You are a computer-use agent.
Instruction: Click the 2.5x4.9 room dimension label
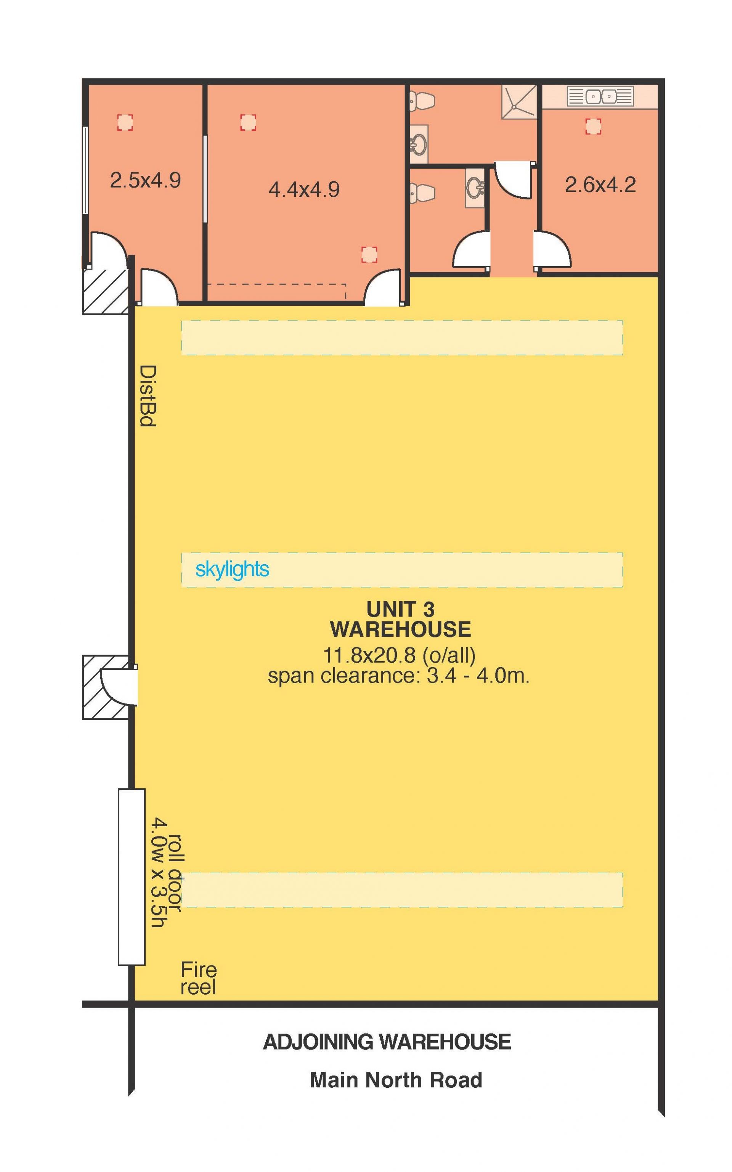(x=145, y=180)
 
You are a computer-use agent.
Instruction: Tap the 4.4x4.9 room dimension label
(x=304, y=189)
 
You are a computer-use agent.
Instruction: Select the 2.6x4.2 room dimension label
(x=600, y=185)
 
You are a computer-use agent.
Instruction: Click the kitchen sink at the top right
(x=600, y=96)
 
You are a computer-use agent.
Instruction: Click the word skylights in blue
(x=233, y=569)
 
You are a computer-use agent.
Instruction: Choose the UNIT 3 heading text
(x=400, y=609)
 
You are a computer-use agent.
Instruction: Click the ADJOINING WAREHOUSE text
(x=387, y=1042)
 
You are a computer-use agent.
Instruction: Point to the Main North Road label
(x=396, y=1080)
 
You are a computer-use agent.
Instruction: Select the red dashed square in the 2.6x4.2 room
(x=594, y=126)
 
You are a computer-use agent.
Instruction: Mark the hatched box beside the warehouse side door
(x=106, y=687)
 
